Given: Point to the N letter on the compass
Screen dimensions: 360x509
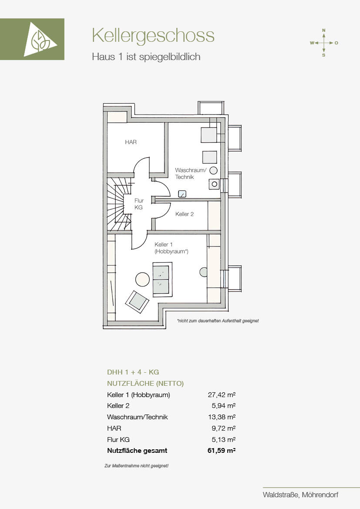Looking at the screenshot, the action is [323, 30].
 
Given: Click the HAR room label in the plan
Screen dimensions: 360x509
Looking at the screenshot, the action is [131, 142].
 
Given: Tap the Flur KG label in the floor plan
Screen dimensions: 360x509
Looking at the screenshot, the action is [139, 204].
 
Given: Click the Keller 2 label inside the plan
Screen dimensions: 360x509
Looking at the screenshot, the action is [185, 214].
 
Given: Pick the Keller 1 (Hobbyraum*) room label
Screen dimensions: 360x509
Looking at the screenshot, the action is [172, 248].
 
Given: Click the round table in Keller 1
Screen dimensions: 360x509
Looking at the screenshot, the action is [142, 279].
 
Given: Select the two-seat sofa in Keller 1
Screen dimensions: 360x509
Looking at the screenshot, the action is [162, 280].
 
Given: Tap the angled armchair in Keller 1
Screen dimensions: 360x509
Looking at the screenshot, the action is [137, 302].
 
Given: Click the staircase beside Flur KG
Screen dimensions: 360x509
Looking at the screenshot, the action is [119, 204].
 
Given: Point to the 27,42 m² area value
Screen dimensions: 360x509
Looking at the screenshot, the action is [222, 395].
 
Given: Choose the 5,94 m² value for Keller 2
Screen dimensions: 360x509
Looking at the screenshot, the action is [223, 406].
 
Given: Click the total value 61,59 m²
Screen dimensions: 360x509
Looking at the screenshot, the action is [222, 451].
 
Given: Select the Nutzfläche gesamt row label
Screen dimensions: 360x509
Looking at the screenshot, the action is [137, 451].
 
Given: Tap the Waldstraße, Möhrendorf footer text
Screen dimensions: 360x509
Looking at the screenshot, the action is [300, 495].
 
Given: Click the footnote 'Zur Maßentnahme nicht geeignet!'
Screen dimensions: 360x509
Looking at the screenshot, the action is [136, 466].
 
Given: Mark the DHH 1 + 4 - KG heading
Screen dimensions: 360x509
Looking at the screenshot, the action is [133, 372].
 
